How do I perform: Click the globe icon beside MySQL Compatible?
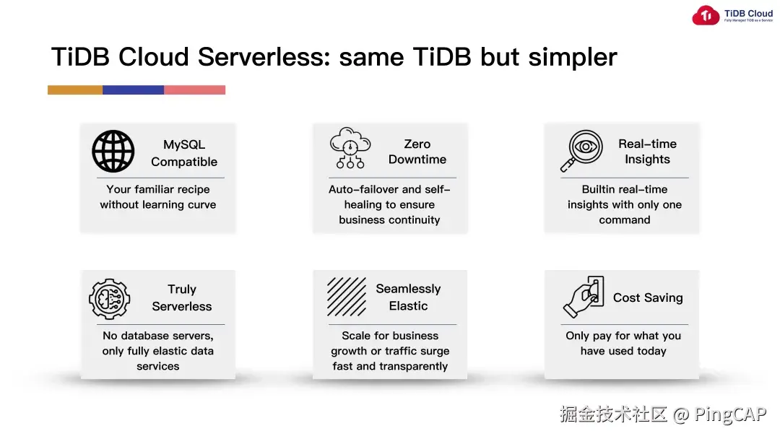[113, 152]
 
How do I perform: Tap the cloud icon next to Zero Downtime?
[350, 148]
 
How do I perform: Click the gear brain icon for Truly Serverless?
[109, 298]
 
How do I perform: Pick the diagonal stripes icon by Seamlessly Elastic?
[347, 297]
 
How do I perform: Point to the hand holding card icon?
[583, 297]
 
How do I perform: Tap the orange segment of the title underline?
[75, 90]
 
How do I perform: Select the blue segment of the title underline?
[133, 90]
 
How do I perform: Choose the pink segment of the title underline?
[194, 90]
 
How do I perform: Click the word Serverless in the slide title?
[264, 57]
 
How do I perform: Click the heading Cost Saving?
[648, 297]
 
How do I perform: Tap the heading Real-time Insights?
[647, 152]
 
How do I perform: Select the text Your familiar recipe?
[158, 189]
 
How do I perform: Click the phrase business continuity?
[389, 219]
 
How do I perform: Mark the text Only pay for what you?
[623, 336]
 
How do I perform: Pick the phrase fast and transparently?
[390, 366]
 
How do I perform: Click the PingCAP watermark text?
[730, 414]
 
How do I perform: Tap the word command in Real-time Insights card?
[624, 219]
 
